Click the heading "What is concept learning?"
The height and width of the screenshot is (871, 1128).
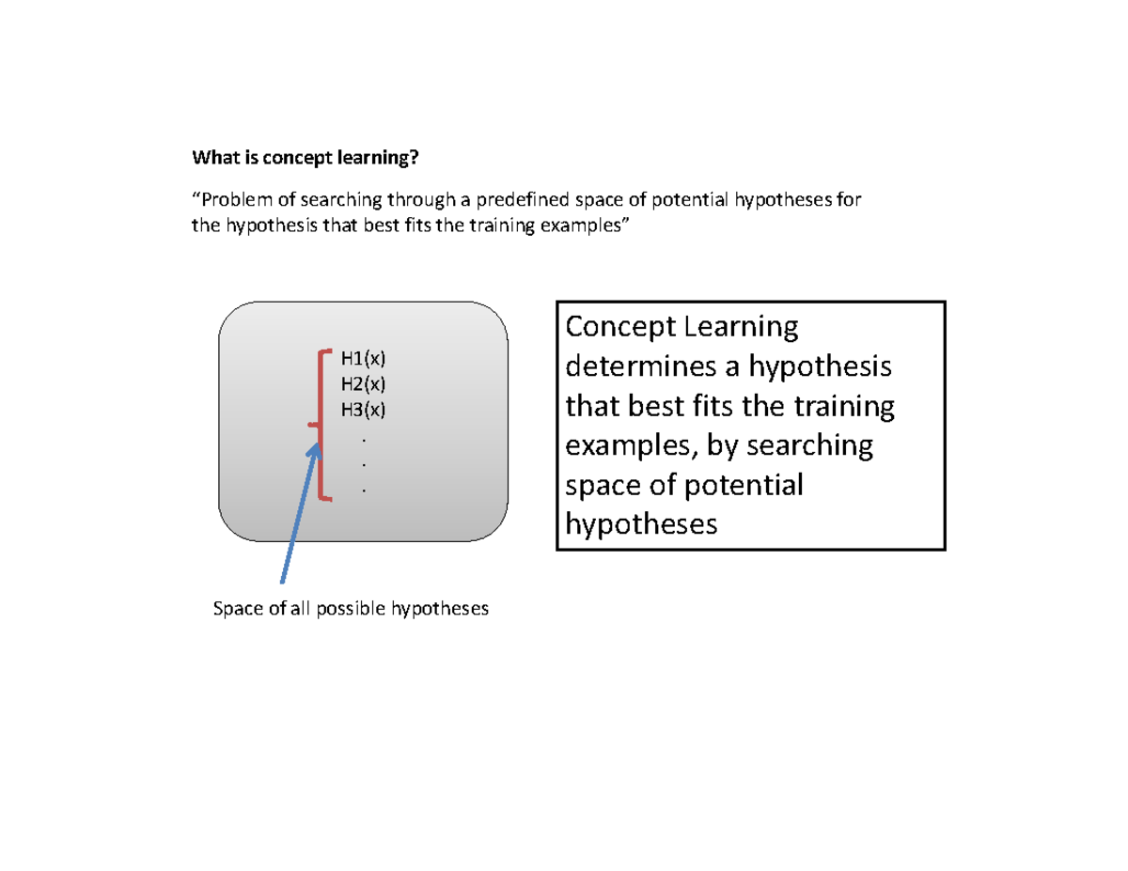pyautogui.click(x=305, y=157)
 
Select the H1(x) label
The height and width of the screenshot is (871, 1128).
pyautogui.click(x=364, y=358)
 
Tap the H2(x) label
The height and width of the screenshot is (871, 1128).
pyautogui.click(x=364, y=383)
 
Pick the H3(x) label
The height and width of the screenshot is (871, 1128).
pyautogui.click(x=364, y=409)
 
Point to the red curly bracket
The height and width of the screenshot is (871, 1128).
pyautogui.click(x=321, y=425)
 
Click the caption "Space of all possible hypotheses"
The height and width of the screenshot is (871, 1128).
pyautogui.click(x=352, y=609)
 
